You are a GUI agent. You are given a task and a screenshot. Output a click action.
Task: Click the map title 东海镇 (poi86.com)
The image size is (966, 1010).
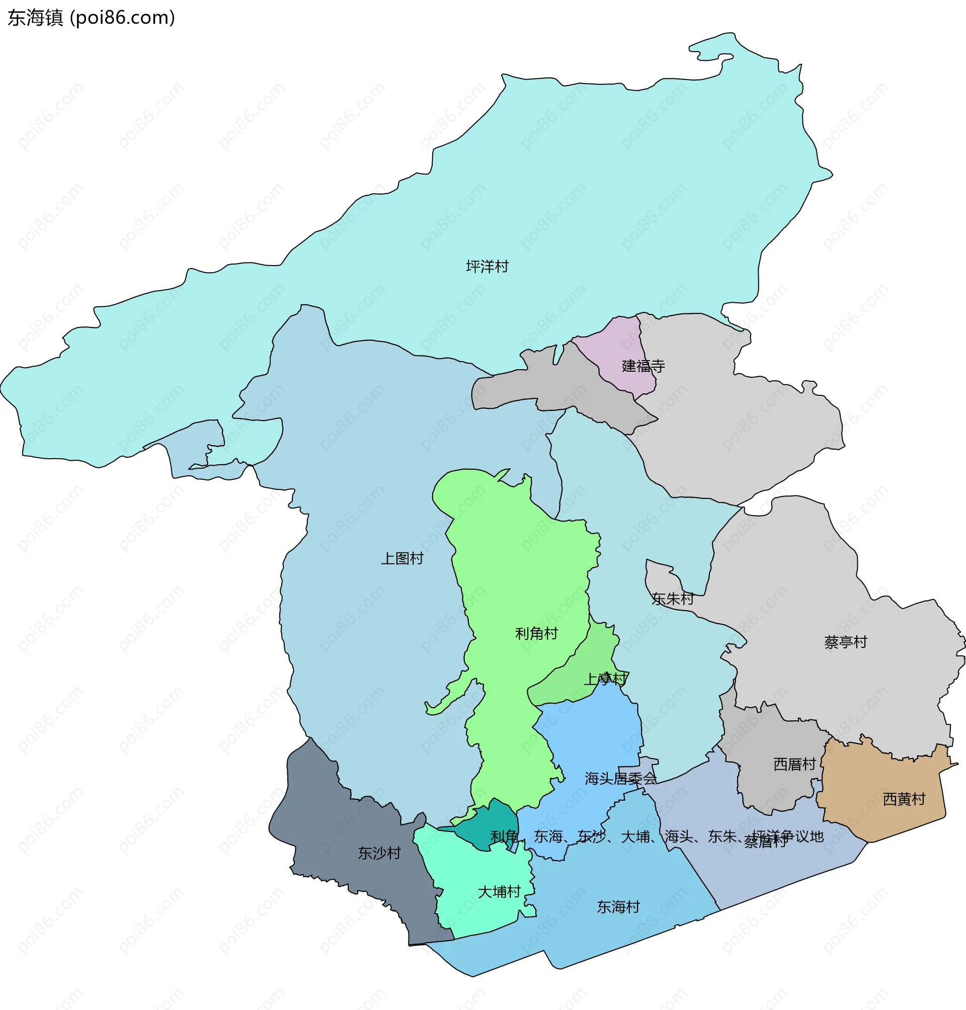click(91, 18)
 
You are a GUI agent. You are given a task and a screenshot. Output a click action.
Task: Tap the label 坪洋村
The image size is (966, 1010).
click(487, 267)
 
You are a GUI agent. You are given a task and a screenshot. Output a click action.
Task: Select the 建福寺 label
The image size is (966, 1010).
click(643, 366)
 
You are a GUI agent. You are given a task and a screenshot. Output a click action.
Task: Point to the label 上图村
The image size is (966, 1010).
click(401, 558)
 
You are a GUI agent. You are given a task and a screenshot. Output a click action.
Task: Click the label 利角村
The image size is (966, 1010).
click(536, 634)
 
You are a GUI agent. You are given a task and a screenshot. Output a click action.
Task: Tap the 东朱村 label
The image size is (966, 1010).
click(672, 599)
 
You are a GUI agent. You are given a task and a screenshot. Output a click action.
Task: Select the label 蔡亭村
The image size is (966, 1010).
click(846, 642)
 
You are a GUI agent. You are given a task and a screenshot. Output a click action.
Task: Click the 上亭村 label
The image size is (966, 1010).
click(605, 679)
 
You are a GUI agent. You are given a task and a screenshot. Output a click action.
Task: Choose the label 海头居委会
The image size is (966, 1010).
click(620, 778)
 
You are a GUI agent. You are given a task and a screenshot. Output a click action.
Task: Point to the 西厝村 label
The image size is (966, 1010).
click(794, 764)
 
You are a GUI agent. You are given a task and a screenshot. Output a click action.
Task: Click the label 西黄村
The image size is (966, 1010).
click(904, 799)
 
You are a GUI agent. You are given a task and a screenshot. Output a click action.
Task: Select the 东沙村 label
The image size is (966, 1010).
click(379, 853)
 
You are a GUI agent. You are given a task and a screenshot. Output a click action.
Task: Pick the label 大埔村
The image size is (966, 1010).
click(499, 892)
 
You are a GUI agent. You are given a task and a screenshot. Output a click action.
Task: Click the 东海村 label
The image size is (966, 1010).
click(618, 906)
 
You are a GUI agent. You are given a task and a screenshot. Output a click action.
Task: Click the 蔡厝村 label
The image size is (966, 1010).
click(765, 843)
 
